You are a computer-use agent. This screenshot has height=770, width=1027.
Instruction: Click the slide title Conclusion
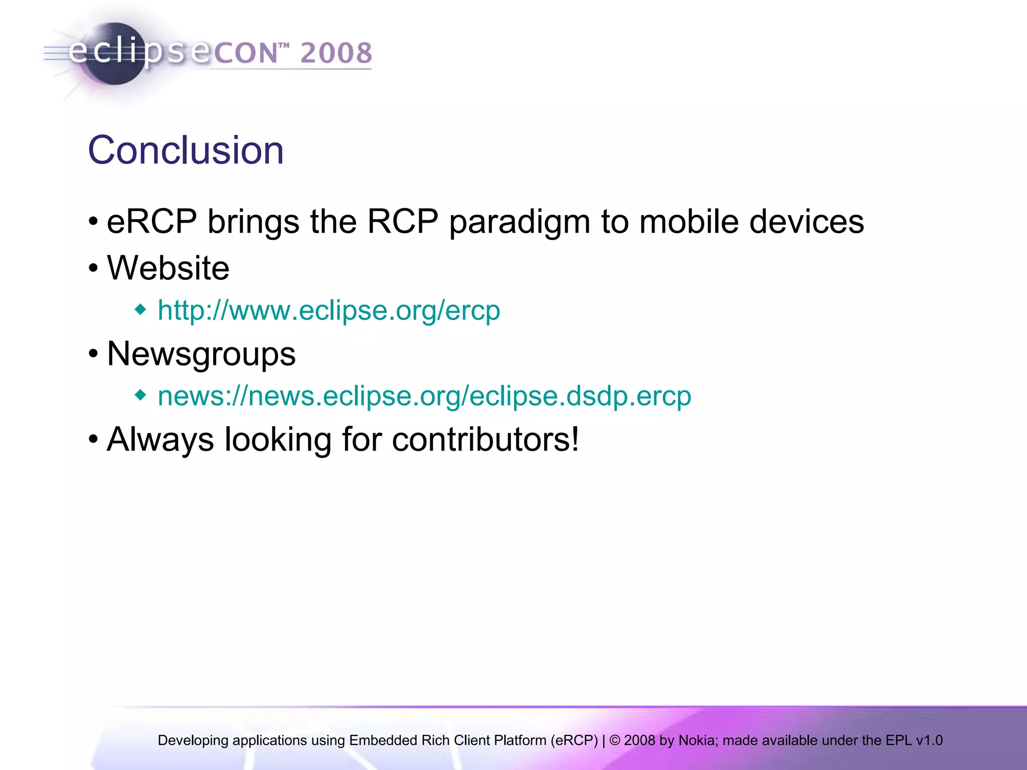pos(186,150)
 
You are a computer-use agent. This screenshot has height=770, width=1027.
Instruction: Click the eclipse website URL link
pos(328,310)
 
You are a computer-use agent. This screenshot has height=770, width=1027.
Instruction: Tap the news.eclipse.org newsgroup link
pos(424,396)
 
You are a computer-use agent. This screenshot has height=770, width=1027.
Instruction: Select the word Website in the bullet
pos(168,268)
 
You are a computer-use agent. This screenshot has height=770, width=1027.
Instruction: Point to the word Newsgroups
pos(201,354)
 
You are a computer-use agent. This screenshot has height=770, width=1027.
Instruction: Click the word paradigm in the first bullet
pos(520,222)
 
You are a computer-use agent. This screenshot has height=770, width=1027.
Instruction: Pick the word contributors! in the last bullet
pos(485,440)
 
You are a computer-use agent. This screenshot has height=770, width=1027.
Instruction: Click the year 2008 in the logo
pos(336,53)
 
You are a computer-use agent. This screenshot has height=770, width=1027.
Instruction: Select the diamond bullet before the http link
pos(141,310)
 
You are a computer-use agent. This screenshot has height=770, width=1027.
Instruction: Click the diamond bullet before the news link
pos(141,396)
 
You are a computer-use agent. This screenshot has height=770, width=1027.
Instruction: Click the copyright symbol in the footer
pos(614,740)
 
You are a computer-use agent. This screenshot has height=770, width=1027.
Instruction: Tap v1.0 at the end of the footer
pos(929,740)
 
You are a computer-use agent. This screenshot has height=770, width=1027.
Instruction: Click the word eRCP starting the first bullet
pos(151,222)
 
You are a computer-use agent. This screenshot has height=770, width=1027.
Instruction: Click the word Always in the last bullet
pos(160,440)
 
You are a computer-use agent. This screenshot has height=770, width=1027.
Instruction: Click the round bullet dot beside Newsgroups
pos(93,354)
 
